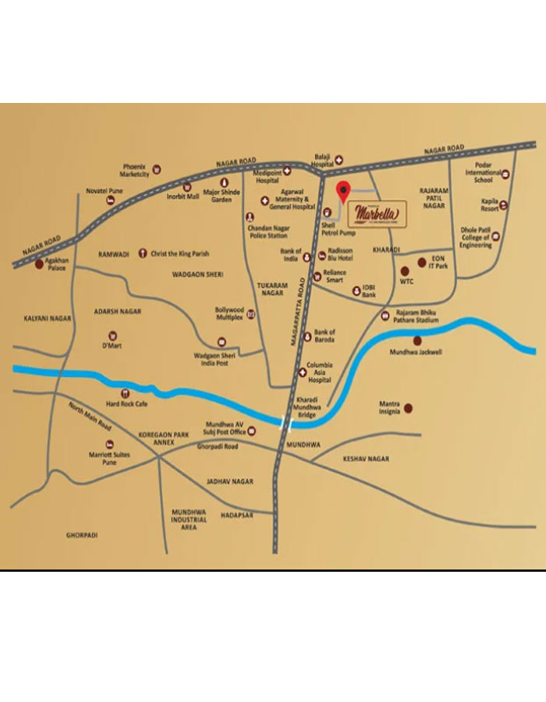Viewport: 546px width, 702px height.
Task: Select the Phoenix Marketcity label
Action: coord(135,170)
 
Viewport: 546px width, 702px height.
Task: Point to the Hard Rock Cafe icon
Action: coord(126,393)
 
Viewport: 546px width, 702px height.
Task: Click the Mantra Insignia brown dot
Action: coord(407,408)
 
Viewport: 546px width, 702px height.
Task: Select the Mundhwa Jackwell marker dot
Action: coord(417,340)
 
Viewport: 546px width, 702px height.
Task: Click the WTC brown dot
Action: coord(405,269)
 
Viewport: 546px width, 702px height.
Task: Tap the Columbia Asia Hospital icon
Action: coord(314,372)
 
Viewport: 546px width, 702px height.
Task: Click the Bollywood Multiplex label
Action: coord(229,314)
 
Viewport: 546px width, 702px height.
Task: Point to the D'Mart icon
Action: coord(108,335)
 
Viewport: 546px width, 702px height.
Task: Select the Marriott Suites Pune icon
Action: coord(108,444)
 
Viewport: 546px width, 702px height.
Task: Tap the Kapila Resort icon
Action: coord(504,205)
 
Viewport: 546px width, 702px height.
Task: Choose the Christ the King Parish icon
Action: coord(143,253)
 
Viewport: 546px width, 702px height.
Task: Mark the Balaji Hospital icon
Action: coord(339,159)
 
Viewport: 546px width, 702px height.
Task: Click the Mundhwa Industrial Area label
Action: coord(190,519)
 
